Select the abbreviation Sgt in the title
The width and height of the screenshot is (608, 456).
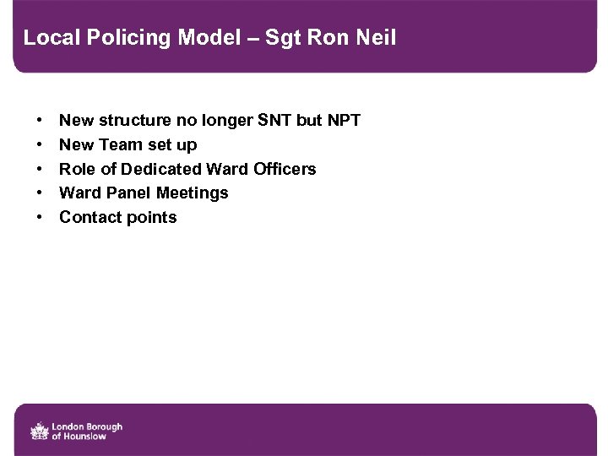[282, 38]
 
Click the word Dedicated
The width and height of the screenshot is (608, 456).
[161, 169]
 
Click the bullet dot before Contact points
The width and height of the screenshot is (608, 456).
[41, 218]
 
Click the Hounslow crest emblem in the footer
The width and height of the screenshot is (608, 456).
[40, 431]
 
